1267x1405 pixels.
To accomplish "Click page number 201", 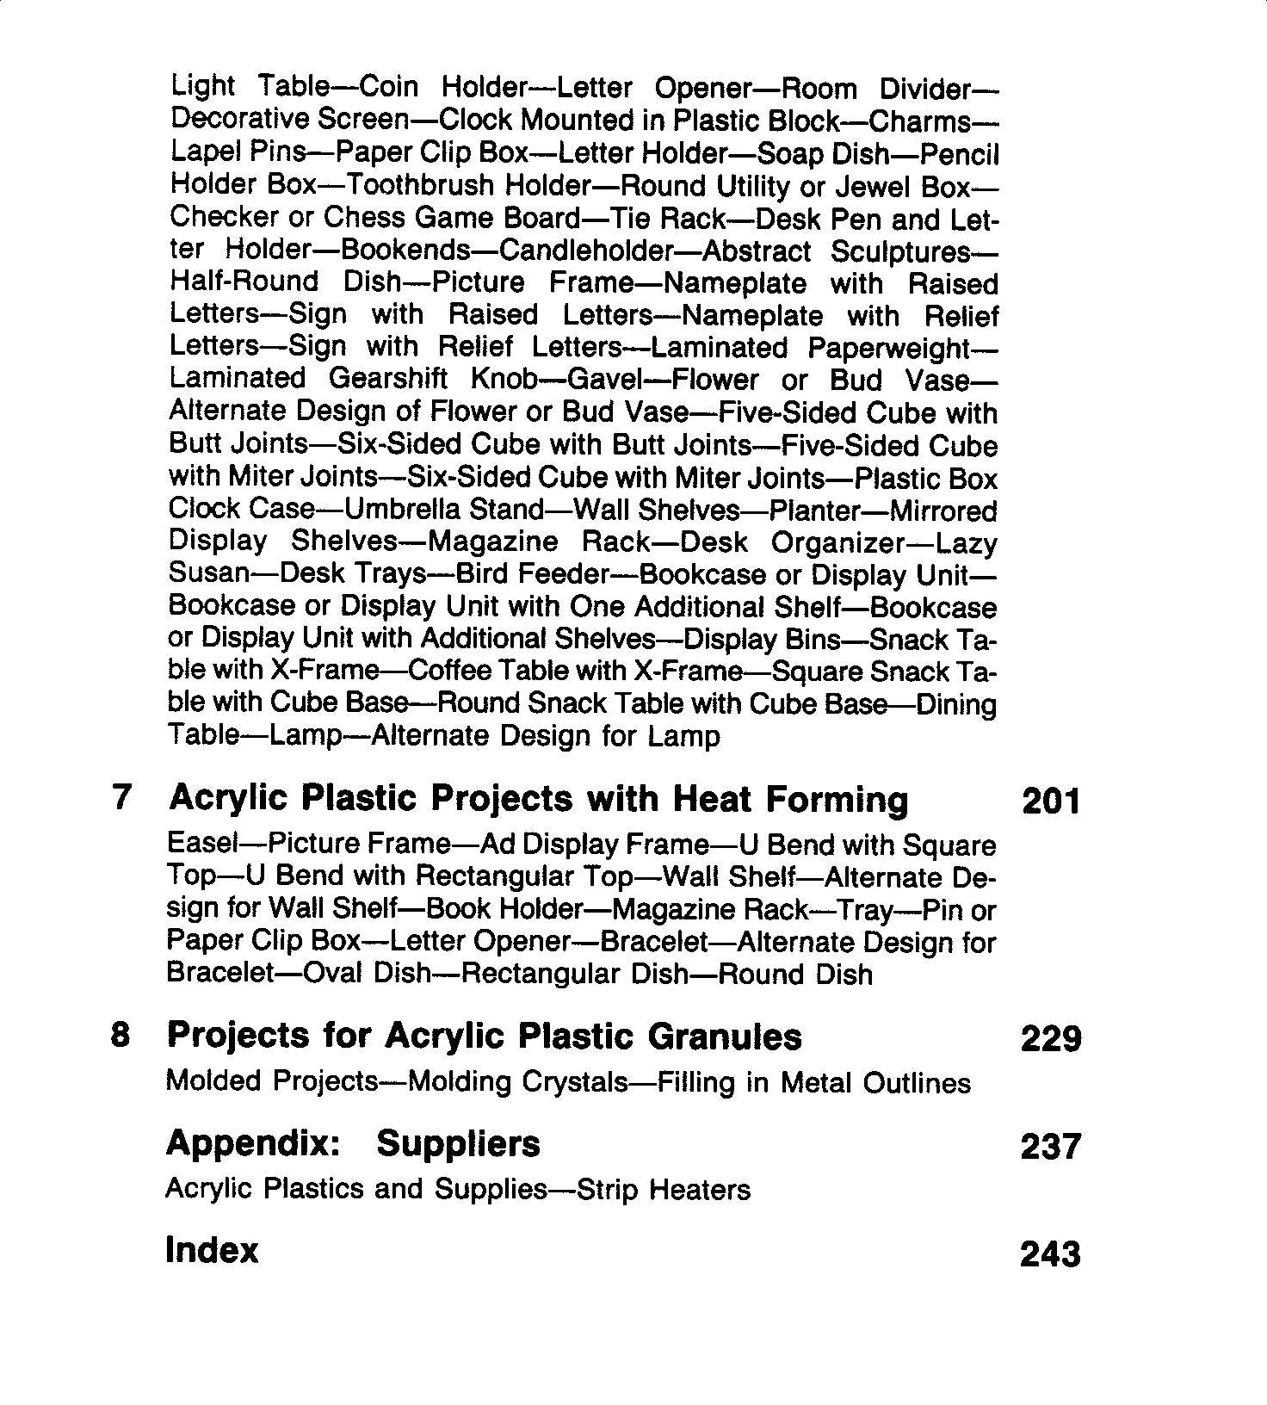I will pyautogui.click(x=1050, y=802).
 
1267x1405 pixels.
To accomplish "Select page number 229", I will pyautogui.click(x=1050, y=1038).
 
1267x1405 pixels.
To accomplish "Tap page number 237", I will pyautogui.click(x=1050, y=1147).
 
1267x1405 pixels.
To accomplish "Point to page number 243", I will pyautogui.click(x=1050, y=1254).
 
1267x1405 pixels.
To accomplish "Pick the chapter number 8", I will pyautogui.click(x=121, y=1035).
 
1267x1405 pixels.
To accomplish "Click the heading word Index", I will pyautogui.click(x=212, y=1251).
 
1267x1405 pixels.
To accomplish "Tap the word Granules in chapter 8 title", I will pyautogui.click(x=724, y=1036).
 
